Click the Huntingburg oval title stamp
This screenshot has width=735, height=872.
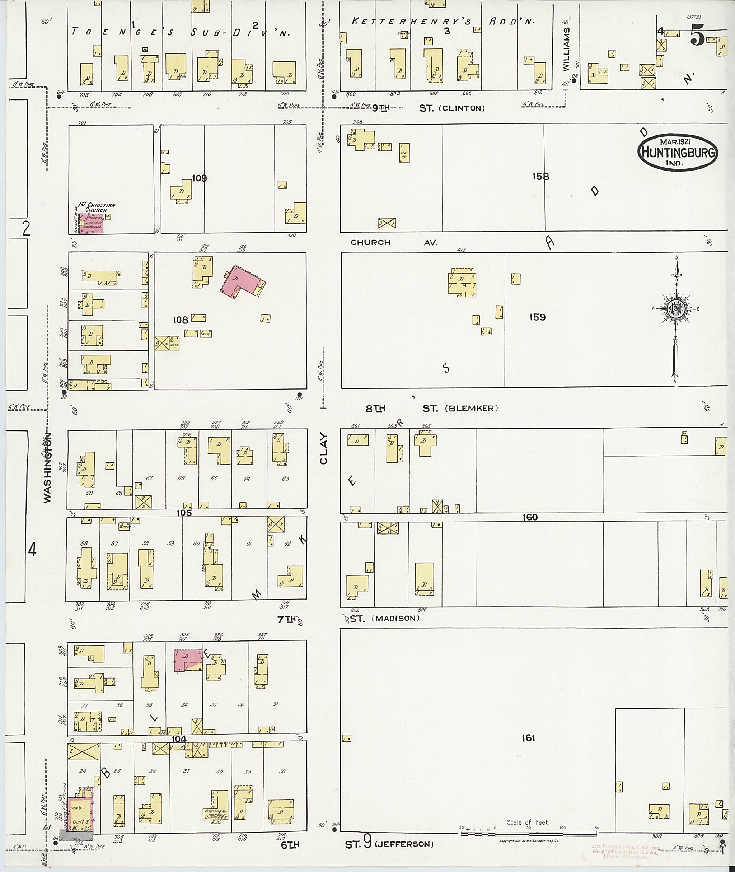click(x=677, y=152)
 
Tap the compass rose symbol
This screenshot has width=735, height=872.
click(x=676, y=308)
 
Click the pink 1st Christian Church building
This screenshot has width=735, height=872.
click(x=91, y=223)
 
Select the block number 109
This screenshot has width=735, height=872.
click(x=199, y=178)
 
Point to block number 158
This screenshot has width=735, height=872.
click(x=540, y=177)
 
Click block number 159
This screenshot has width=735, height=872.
click(x=537, y=317)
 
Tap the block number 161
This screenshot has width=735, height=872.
click(x=528, y=738)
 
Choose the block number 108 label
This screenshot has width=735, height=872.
click(x=181, y=320)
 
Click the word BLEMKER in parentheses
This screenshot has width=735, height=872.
click(x=472, y=409)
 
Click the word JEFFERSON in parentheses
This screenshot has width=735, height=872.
click(x=404, y=844)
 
